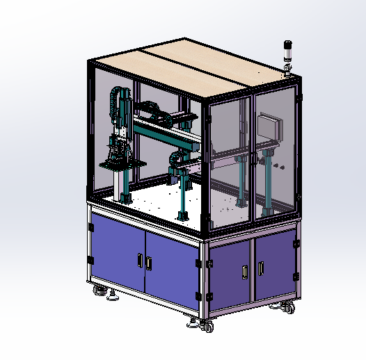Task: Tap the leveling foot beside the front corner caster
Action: tap(191, 322)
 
